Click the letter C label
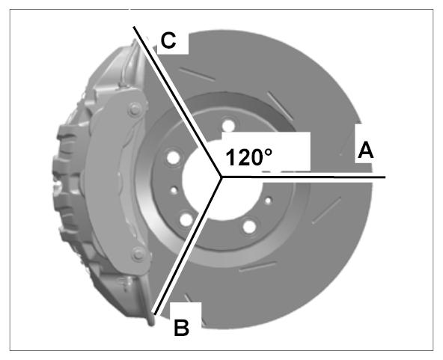(x=168, y=40)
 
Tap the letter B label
(x=181, y=328)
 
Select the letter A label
(x=366, y=150)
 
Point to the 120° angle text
(x=249, y=157)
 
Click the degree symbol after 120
(x=268, y=153)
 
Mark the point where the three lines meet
(x=221, y=177)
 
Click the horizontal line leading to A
(x=303, y=177)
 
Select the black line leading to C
(x=177, y=102)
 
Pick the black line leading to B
(x=187, y=245)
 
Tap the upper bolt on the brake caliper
(x=135, y=109)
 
